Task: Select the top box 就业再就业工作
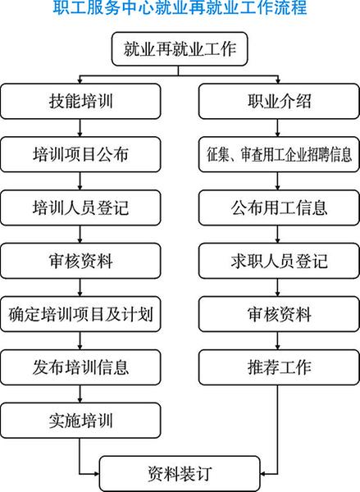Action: pyautogui.click(x=180, y=49)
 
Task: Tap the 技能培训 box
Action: pyautogui.click(x=80, y=102)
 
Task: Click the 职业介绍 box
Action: pyautogui.click(x=279, y=102)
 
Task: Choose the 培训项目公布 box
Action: pyautogui.click(x=80, y=154)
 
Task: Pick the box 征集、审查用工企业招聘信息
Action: pyautogui.click(x=279, y=154)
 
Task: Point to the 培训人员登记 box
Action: pyautogui.click(x=80, y=207)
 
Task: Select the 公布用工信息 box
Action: pyautogui.click(x=279, y=207)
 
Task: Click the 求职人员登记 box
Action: pyautogui.click(x=279, y=261)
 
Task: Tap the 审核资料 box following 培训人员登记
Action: pyautogui.click(x=80, y=261)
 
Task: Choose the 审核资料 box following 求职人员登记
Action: pyautogui.click(x=279, y=314)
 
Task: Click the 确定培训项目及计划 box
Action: pyautogui.click(x=80, y=314)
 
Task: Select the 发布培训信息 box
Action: pyautogui.click(x=80, y=367)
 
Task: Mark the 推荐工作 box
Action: pyautogui.click(x=279, y=367)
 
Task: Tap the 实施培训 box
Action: pyautogui.click(x=80, y=421)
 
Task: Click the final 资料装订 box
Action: pyautogui.click(x=180, y=474)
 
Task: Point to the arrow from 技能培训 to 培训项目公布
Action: pyautogui.click(x=80, y=128)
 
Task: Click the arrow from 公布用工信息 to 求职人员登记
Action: pyautogui.click(x=278, y=235)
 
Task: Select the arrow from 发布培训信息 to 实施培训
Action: pyautogui.click(x=80, y=394)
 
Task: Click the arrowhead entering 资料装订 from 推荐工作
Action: pyautogui.click(x=263, y=474)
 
